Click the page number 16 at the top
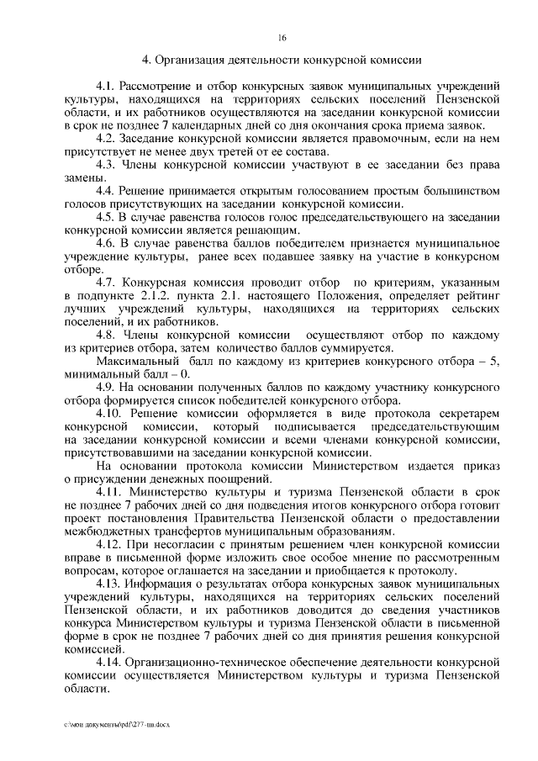click(282, 37)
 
